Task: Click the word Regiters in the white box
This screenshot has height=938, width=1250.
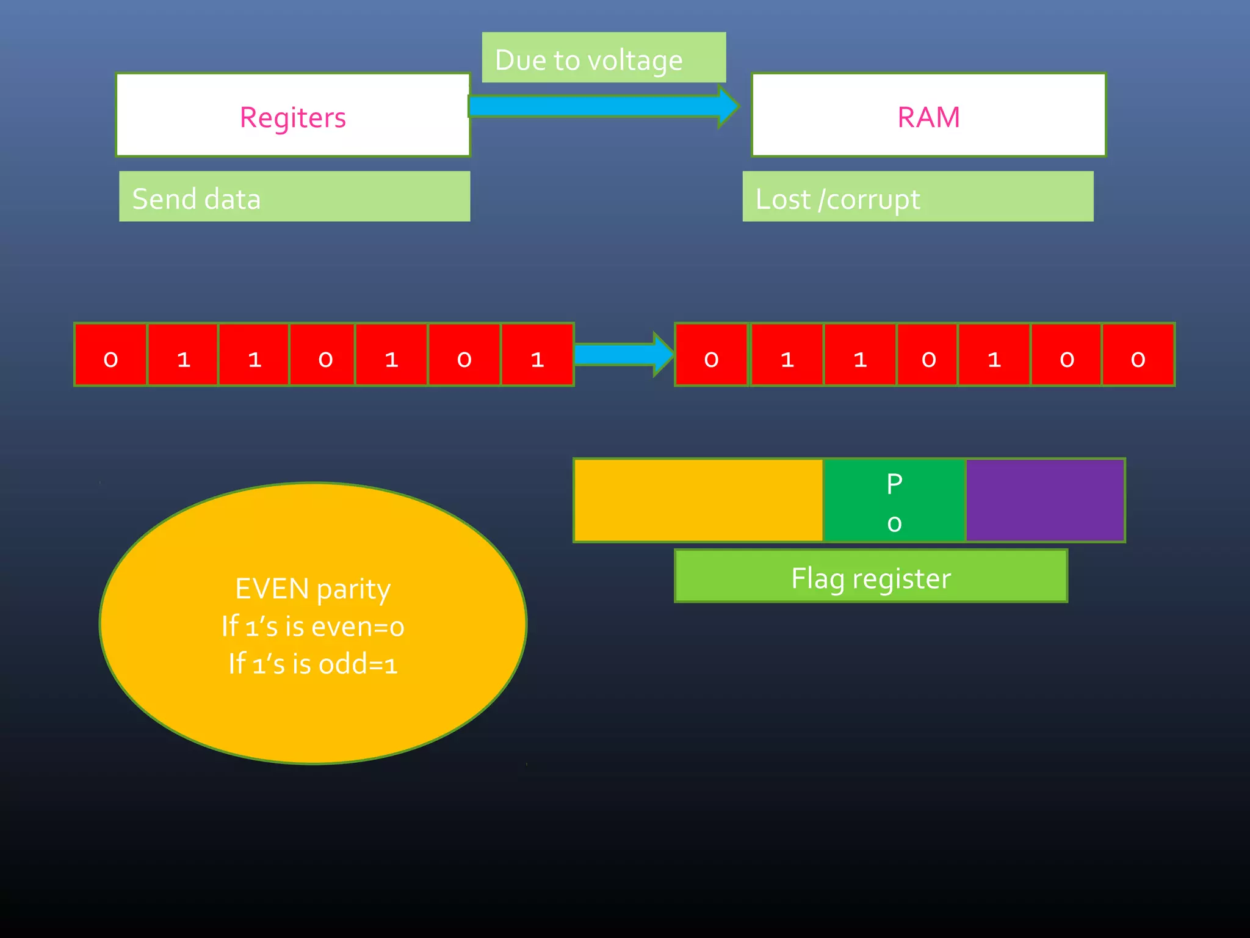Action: (292, 117)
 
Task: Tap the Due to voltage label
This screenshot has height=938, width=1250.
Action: (588, 60)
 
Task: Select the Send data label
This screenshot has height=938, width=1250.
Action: (197, 198)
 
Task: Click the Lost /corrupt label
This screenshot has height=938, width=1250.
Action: (837, 198)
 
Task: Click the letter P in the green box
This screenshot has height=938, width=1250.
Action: (894, 484)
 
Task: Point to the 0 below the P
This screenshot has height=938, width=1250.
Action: (894, 523)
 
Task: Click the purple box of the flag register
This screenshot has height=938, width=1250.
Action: (1045, 500)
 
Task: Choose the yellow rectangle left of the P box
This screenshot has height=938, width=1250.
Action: (698, 500)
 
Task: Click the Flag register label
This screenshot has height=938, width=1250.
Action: (870, 577)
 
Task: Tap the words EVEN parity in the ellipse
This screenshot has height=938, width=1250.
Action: (312, 589)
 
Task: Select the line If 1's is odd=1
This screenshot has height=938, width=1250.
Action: (312, 664)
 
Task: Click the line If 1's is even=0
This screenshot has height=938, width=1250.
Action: (312, 627)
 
